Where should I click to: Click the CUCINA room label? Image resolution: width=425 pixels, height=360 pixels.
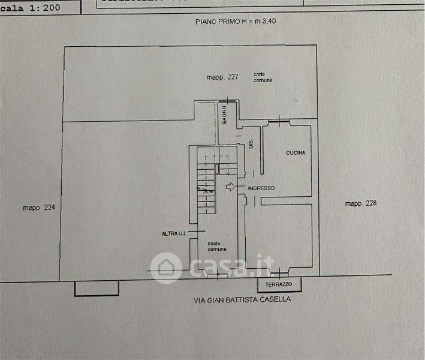pos(296,153)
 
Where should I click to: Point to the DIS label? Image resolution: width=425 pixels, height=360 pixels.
pos(251,145)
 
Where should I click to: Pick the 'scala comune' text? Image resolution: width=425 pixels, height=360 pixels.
pos(217,247)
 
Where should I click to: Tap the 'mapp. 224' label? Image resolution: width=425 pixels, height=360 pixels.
pos(38,208)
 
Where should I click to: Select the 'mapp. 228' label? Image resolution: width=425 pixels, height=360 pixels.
pos(361,203)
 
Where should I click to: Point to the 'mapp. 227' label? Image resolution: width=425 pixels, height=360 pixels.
pos(222,77)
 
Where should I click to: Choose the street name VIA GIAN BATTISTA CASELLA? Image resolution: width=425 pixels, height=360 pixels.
pos(242,299)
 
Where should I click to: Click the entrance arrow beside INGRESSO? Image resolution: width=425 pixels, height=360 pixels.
pos(230,187)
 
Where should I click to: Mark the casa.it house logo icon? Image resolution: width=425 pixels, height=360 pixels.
pos(166,268)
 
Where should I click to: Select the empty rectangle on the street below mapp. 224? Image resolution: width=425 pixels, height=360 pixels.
pos(96,288)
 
